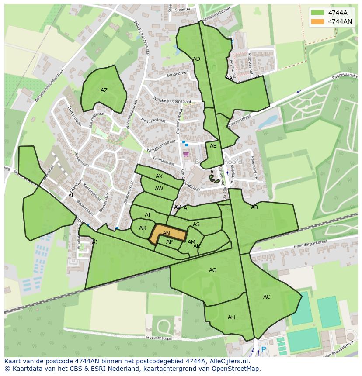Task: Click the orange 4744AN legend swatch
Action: coord(318,21)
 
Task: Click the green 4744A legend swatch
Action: coord(318,13)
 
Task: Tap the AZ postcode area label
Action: coord(104,90)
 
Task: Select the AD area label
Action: coord(196,59)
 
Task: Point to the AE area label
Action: coord(213,146)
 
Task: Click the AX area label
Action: coord(159,176)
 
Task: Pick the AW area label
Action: coord(159,189)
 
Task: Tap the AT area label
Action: coord(148,215)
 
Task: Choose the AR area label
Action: coord(143,228)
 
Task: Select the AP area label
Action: coord(169,242)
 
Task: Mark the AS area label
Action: coord(196,224)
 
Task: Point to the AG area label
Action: coord(212,270)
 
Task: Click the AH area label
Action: coord(231,317)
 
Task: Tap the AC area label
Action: coord(267,297)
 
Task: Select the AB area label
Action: coord(254,207)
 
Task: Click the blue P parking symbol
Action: coord(263,349)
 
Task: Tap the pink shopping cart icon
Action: coord(186,154)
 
